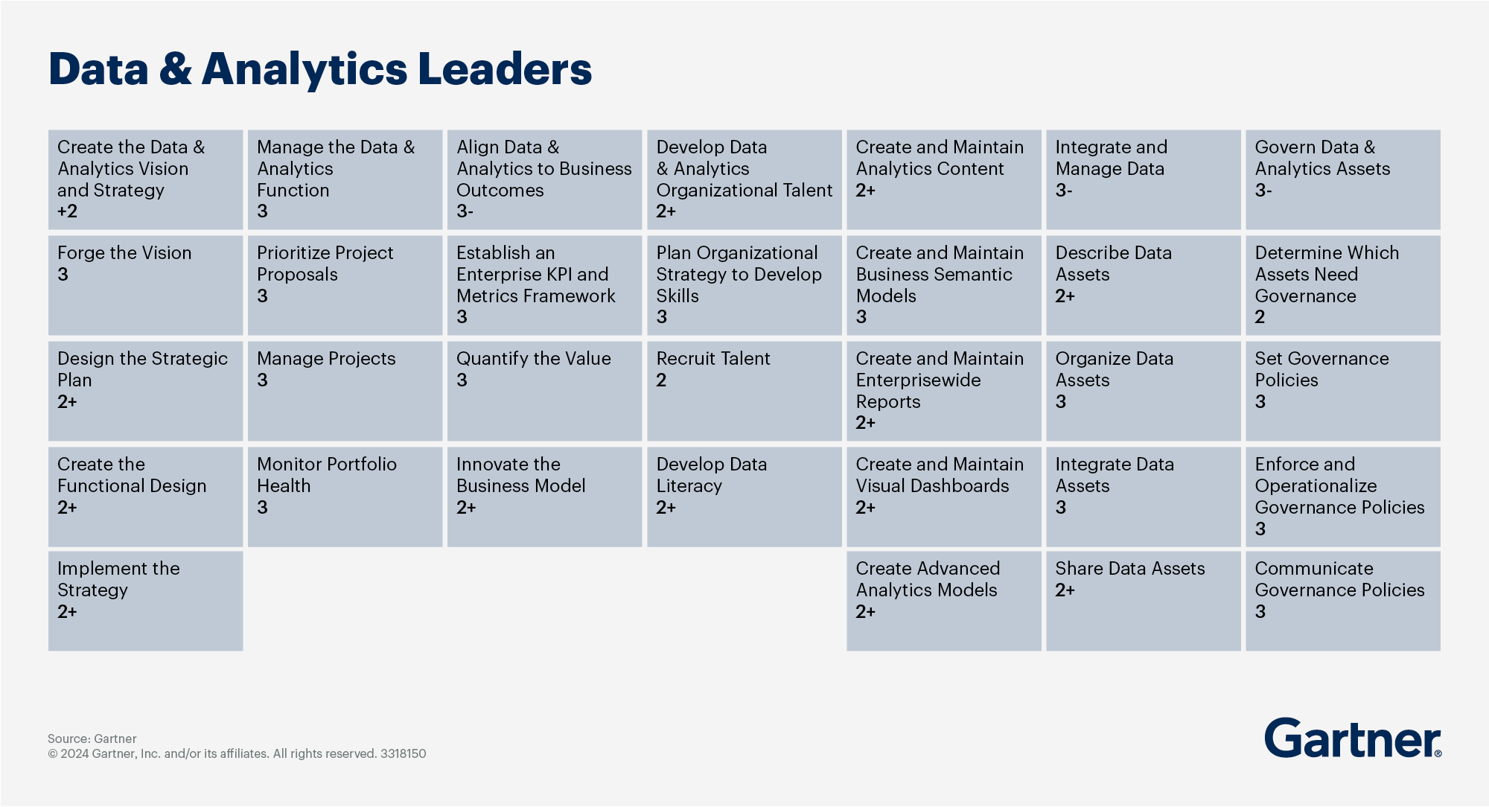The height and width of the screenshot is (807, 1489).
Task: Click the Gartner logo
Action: click(x=1352, y=739)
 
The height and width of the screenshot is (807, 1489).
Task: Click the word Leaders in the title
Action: click(x=504, y=69)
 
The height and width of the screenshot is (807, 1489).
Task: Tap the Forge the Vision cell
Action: click(x=145, y=285)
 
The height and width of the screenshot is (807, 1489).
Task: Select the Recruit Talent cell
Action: click(x=744, y=391)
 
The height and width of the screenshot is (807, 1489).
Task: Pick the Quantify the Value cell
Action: click(x=544, y=391)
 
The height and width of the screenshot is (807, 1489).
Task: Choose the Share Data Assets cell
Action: click(x=1143, y=601)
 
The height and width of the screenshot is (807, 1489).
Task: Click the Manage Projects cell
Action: click(x=345, y=391)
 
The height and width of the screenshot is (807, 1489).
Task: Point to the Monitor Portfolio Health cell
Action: click(x=345, y=497)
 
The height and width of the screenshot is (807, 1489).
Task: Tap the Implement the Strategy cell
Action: click(x=145, y=601)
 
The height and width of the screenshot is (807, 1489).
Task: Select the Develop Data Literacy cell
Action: click(x=744, y=497)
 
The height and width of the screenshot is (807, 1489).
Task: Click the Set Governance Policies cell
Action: click(x=1342, y=391)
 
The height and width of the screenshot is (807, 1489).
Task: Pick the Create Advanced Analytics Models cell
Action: click(x=943, y=601)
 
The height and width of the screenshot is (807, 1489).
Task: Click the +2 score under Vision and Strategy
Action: click(x=67, y=211)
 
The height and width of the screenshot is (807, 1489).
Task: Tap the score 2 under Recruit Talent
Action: click(x=661, y=380)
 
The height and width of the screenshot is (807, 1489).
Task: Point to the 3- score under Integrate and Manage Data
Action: click(x=1063, y=191)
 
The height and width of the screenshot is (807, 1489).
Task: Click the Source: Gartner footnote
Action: click(x=92, y=739)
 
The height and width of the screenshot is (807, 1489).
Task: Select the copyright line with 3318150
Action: click(x=237, y=753)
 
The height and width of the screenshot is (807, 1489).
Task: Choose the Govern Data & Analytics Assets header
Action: click(x=1342, y=179)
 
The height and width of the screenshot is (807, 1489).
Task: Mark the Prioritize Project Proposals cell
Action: click(x=345, y=285)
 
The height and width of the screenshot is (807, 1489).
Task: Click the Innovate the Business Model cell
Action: click(x=544, y=497)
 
